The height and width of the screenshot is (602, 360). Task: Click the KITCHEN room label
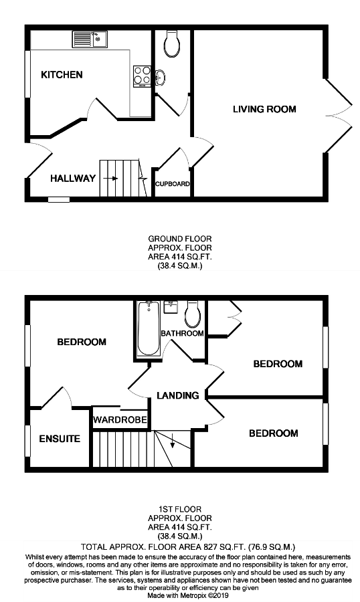(62, 74)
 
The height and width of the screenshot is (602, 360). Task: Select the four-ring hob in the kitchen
(143, 75)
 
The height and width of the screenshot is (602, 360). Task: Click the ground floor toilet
(171, 43)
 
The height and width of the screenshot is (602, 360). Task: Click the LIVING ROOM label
(264, 108)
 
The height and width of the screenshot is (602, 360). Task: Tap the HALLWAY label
(73, 178)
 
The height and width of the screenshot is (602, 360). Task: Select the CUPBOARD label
(173, 184)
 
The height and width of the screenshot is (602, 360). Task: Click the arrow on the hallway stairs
(111, 179)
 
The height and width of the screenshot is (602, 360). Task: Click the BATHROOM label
(182, 333)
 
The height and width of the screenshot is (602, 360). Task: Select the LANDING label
(178, 395)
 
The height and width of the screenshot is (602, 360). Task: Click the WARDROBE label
(119, 421)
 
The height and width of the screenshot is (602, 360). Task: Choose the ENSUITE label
(60, 439)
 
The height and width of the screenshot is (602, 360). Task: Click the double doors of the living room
(339, 108)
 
